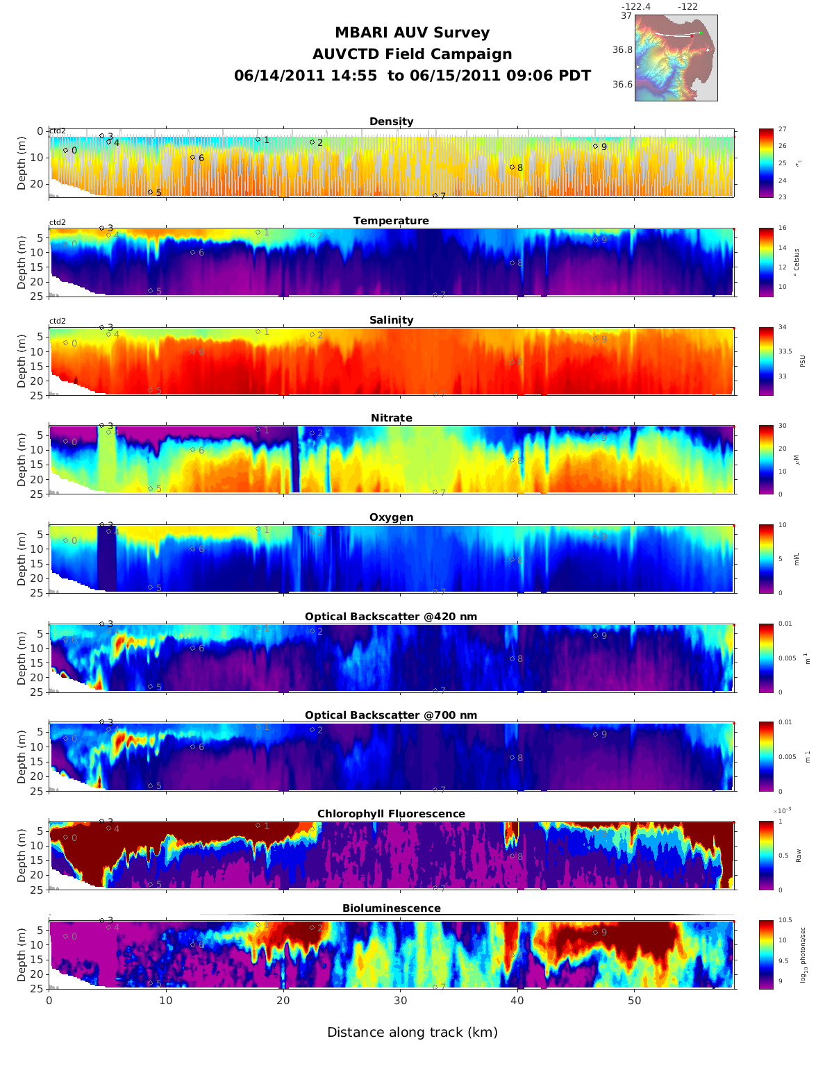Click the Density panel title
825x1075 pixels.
tap(391, 122)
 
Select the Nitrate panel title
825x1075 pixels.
tap(391, 418)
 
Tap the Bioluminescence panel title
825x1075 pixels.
tap(391, 908)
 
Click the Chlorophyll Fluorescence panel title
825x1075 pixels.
tap(391, 814)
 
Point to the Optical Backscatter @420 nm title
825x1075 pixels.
tap(391, 617)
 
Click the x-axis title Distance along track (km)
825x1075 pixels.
tap(412, 1033)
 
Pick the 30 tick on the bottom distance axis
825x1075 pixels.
tap(401, 1001)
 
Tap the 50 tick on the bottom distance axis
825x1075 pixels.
tap(635, 1001)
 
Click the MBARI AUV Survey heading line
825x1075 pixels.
tap(412, 33)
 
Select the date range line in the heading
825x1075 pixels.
tap(412, 76)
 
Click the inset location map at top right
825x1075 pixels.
tap(676, 58)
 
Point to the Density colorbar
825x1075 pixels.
tap(766, 163)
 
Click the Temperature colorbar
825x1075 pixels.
tap(766, 262)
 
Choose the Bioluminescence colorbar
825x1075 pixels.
tap(766, 954)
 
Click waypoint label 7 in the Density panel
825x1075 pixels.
tap(442, 197)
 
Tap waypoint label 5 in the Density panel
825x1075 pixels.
tap(158, 192)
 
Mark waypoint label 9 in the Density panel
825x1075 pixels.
tap(603, 147)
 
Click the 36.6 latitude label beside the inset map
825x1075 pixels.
tap(622, 85)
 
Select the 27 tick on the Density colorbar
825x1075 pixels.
tap(782, 130)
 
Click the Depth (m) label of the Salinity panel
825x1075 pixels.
tap(22, 361)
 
